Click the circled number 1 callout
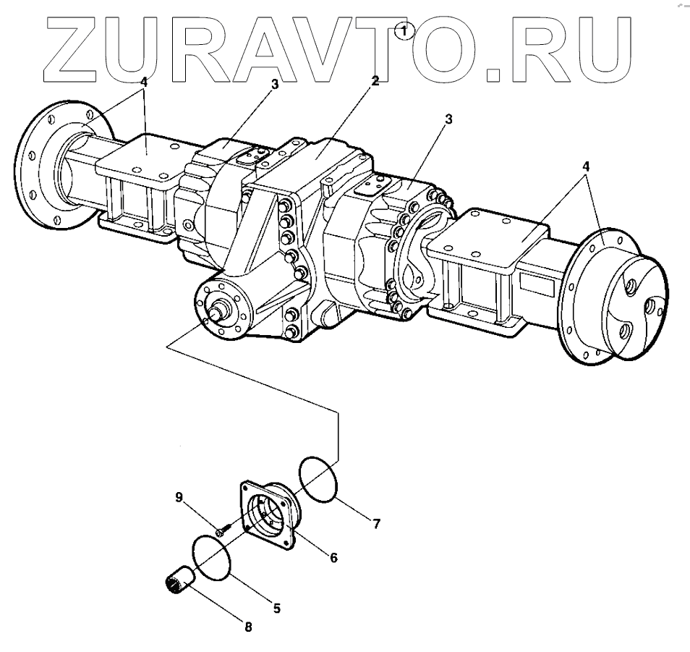tap(406, 30)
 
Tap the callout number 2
tap(375, 80)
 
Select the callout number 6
tap(333, 557)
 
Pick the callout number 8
tap(248, 627)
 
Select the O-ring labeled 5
tap(212, 556)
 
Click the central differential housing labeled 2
tap(318, 181)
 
